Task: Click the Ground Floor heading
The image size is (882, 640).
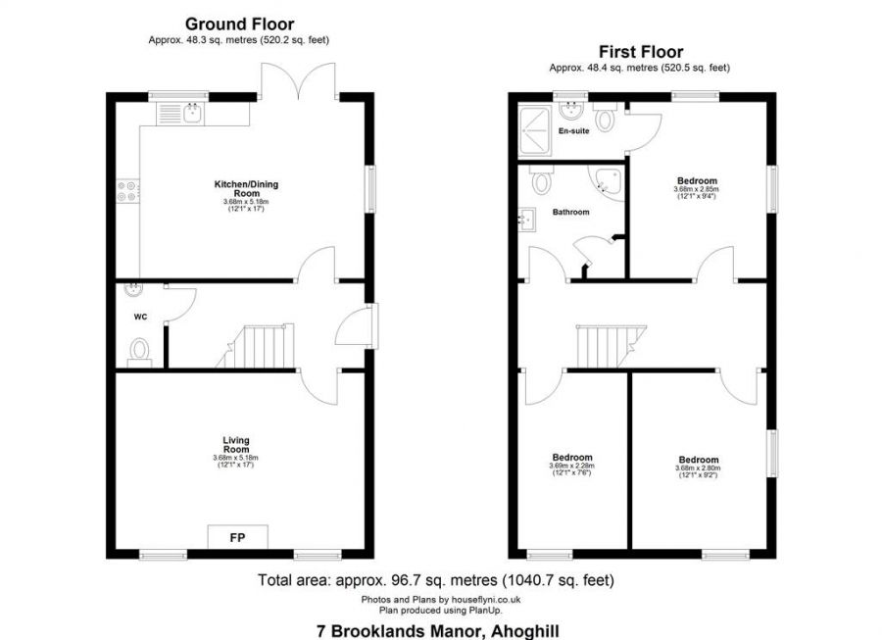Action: (x=239, y=24)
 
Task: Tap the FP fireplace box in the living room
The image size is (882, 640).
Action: (x=237, y=537)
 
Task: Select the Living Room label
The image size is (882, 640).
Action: (x=236, y=445)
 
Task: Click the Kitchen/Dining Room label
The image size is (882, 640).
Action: (x=236, y=187)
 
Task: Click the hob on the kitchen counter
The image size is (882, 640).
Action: (x=127, y=190)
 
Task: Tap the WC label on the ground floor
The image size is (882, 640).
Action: (x=139, y=317)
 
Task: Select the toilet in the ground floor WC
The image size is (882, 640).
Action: (x=140, y=350)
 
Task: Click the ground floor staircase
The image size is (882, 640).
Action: (x=261, y=345)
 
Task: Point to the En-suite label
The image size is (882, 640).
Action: (x=573, y=130)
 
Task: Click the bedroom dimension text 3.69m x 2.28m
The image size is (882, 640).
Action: (x=571, y=466)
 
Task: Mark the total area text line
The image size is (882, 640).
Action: (x=436, y=580)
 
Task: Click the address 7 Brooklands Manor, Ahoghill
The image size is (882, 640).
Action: (x=437, y=631)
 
